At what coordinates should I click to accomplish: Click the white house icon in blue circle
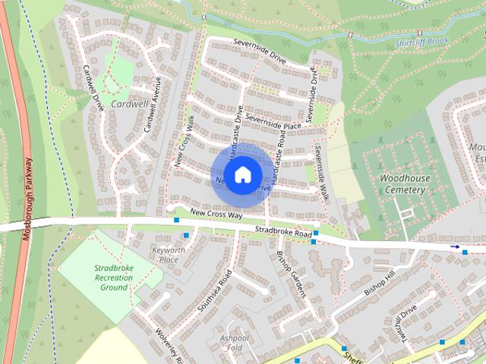[241, 174]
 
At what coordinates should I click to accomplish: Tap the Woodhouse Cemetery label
[404, 184]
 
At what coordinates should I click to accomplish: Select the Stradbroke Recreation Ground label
[114, 278]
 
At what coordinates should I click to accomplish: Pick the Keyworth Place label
[169, 254]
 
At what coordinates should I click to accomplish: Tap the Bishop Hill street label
[380, 281]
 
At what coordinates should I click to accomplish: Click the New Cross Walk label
[185, 141]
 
